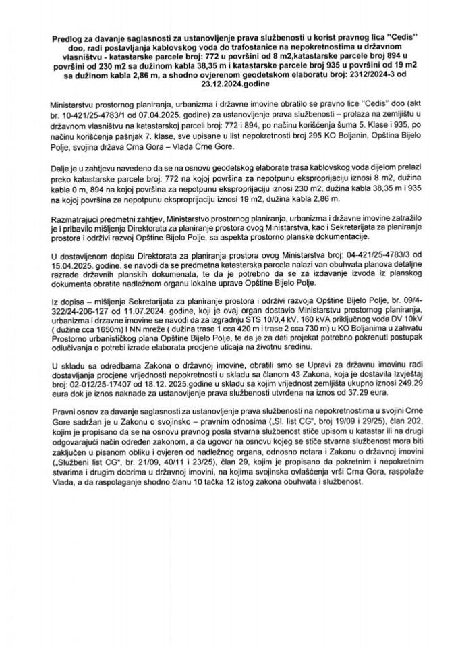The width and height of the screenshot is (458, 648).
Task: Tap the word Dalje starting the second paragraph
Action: (x=60, y=173)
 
